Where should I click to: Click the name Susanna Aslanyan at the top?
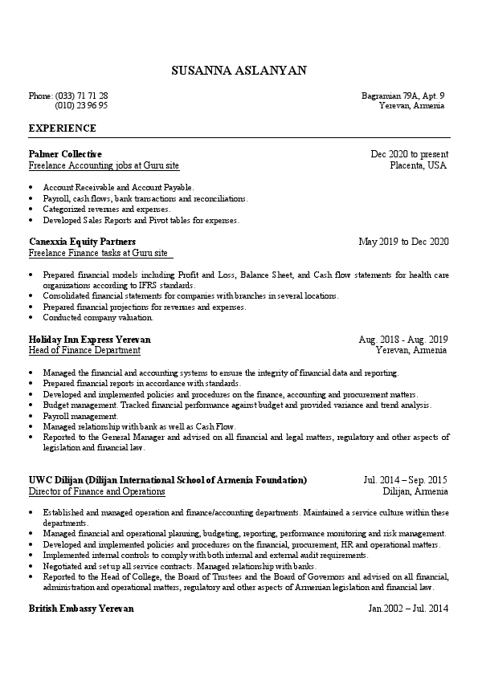click(239, 71)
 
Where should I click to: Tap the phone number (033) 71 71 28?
click(82, 96)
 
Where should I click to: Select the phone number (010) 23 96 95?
click(81, 105)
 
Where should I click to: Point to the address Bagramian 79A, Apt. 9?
click(403, 96)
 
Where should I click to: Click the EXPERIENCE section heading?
click(62, 128)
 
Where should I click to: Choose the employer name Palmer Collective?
click(65, 153)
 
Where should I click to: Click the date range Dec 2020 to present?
click(409, 153)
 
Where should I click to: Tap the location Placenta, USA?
click(418, 165)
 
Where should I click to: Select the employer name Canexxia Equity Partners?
click(82, 241)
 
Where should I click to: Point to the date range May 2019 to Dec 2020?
click(403, 241)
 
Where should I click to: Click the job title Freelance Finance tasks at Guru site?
click(99, 253)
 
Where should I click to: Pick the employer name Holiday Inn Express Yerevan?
click(89, 340)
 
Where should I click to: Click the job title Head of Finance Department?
click(84, 351)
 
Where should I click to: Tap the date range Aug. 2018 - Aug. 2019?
click(403, 340)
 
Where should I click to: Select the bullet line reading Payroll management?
click(80, 417)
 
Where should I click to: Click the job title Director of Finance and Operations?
click(96, 491)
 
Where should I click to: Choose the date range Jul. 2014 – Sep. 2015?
click(406, 480)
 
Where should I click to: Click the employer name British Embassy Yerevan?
click(81, 609)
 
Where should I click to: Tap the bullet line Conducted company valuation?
click(98, 317)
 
